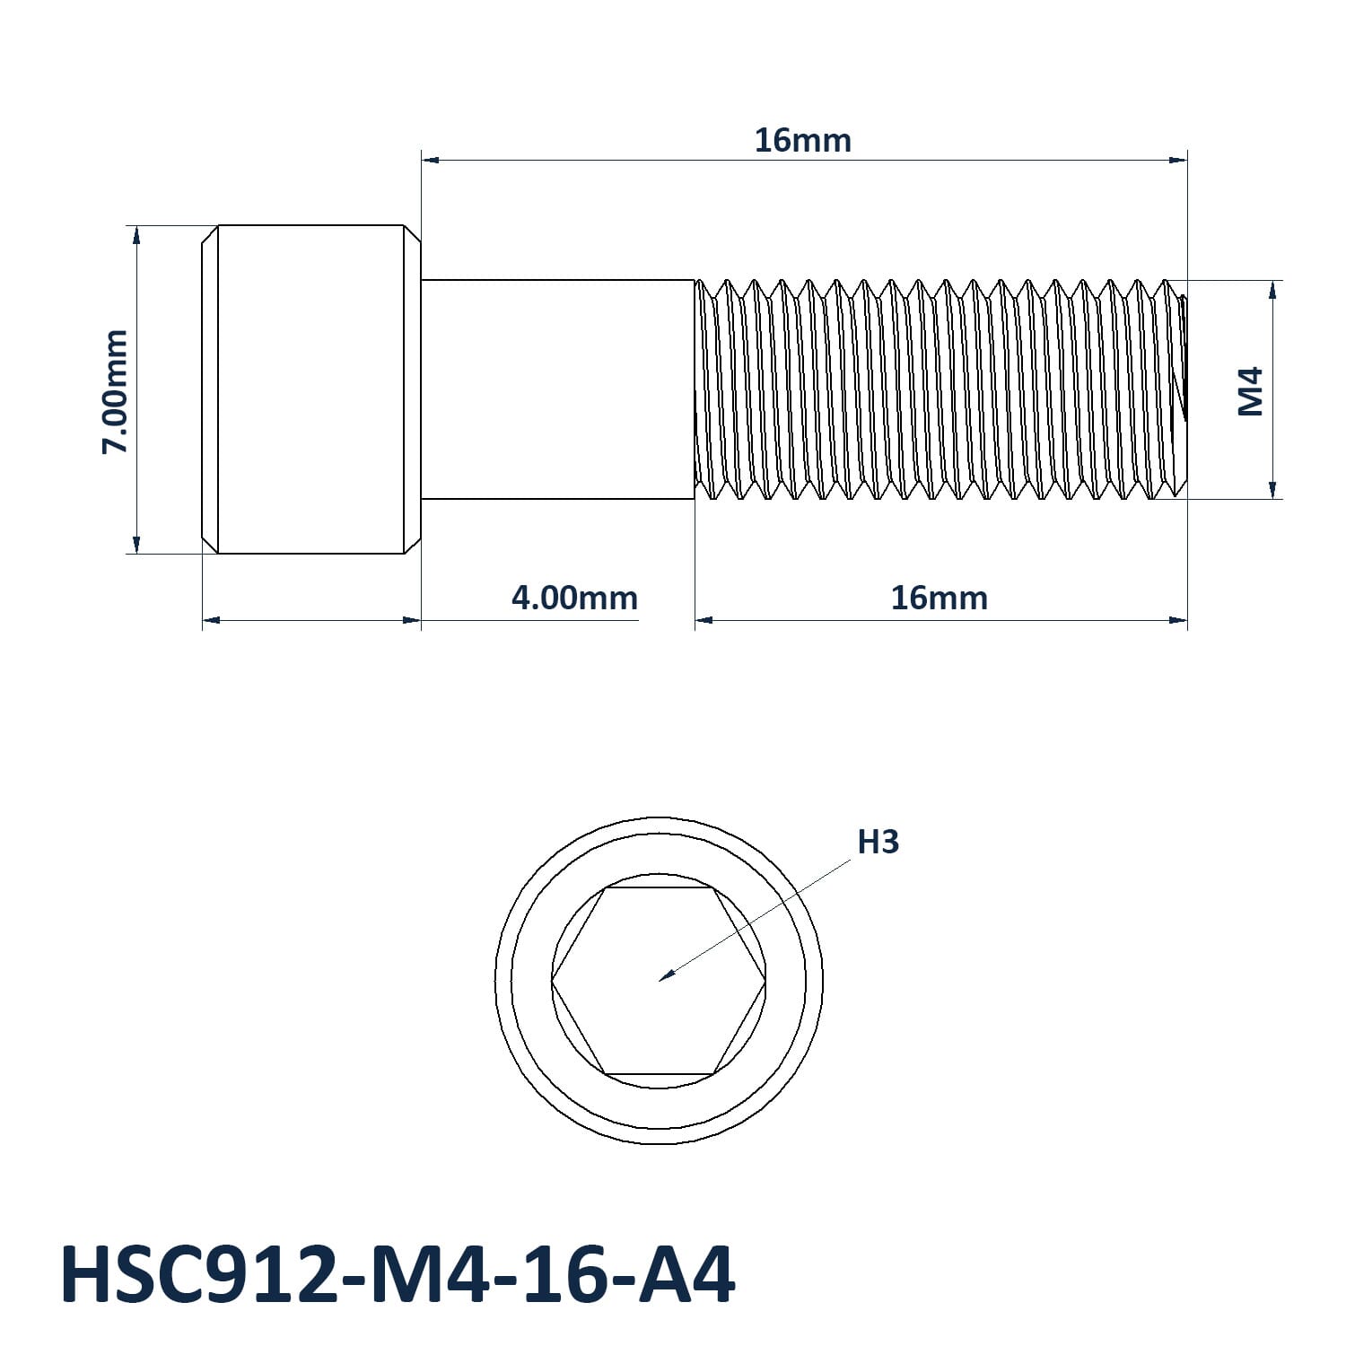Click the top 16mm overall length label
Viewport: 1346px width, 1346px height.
tap(802, 141)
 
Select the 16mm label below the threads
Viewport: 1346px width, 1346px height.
tap(939, 598)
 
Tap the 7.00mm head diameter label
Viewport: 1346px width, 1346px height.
tap(115, 391)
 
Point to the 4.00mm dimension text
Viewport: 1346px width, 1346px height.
tap(574, 598)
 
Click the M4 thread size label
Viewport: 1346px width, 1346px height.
tap(1251, 391)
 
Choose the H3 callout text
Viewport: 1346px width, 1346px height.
tap(878, 842)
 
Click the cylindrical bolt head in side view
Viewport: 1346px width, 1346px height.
tap(310, 389)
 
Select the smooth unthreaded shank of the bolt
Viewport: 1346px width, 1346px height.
tap(557, 389)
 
